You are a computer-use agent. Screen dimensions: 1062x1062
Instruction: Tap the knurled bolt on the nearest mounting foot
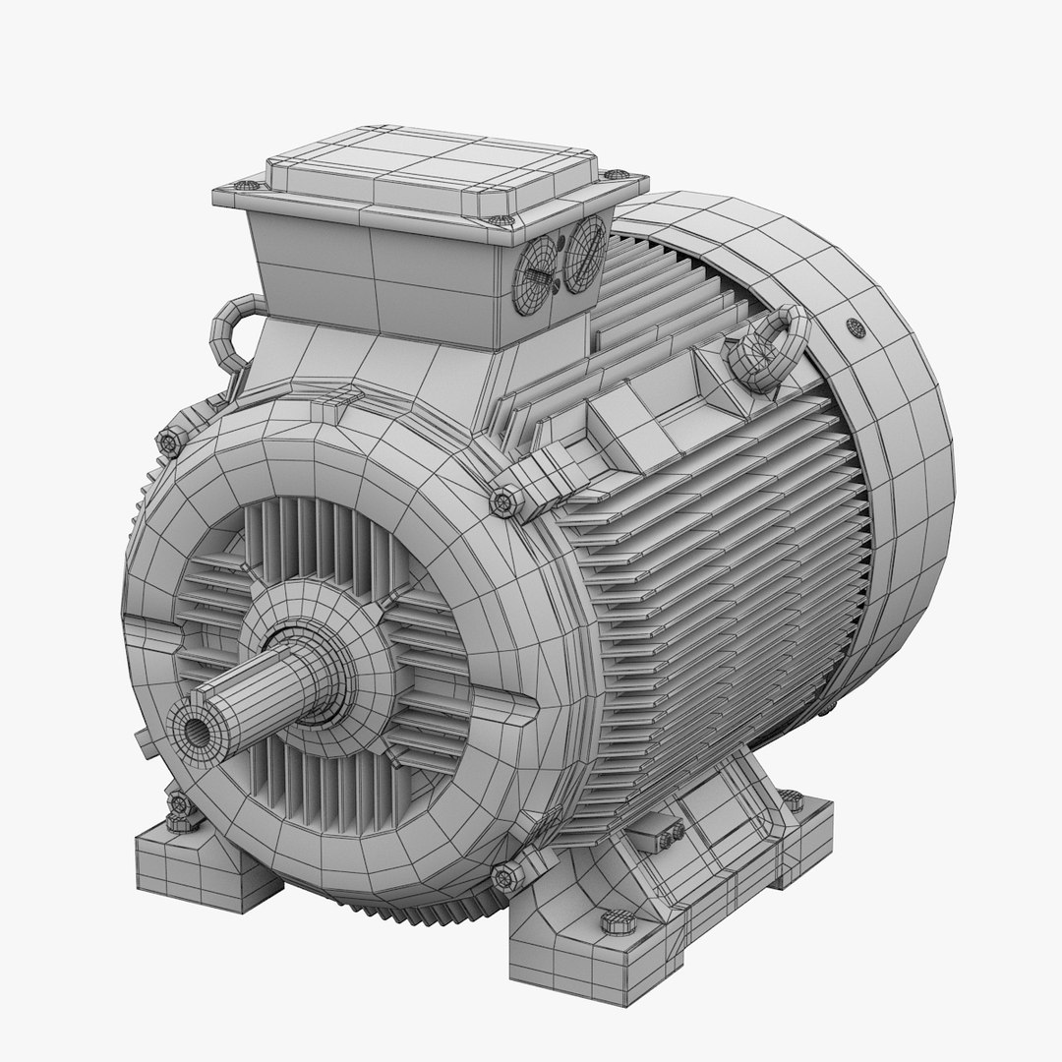point(617,923)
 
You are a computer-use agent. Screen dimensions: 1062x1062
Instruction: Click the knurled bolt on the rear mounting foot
point(793,801)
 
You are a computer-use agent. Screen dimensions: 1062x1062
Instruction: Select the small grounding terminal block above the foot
point(657,835)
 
